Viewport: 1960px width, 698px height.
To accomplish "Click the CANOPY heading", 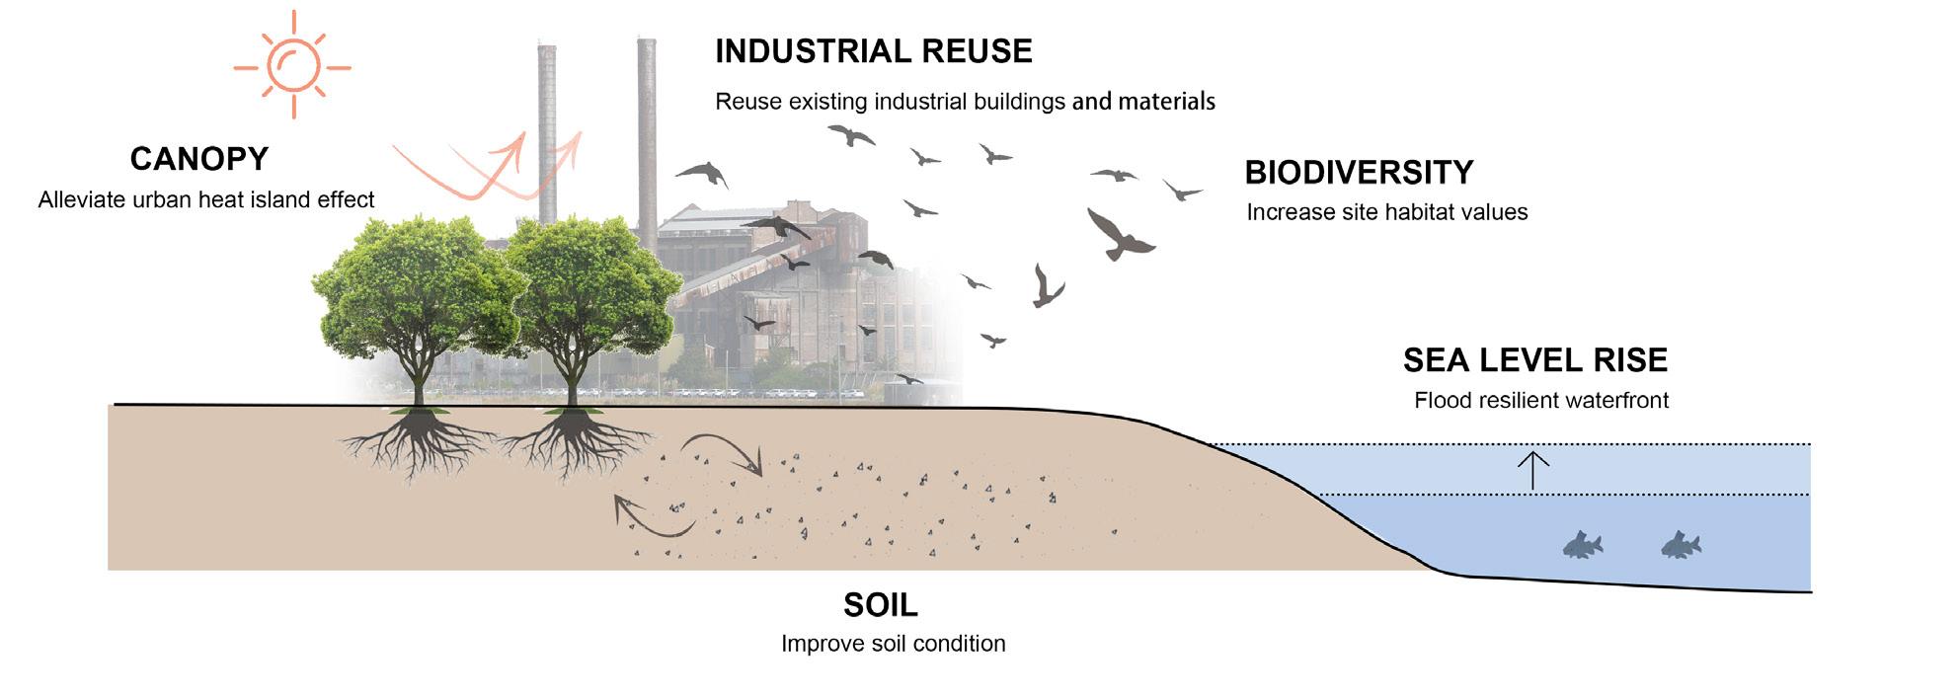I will [x=199, y=159].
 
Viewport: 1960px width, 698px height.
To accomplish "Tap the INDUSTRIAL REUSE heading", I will [x=873, y=51].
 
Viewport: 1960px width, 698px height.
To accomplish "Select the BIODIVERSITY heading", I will [x=1359, y=173].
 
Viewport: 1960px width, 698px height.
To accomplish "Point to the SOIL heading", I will [x=880, y=604].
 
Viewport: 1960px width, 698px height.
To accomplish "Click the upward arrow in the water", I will [x=1532, y=470].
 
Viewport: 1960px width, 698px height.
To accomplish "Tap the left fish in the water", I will [x=1581, y=545].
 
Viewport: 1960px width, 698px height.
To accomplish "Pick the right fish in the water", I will [x=1680, y=545].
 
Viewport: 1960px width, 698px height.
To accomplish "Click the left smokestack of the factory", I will [x=546, y=128].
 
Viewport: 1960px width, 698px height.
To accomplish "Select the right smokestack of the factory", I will [x=647, y=128].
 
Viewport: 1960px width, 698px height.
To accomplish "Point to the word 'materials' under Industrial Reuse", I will [x=1166, y=102].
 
